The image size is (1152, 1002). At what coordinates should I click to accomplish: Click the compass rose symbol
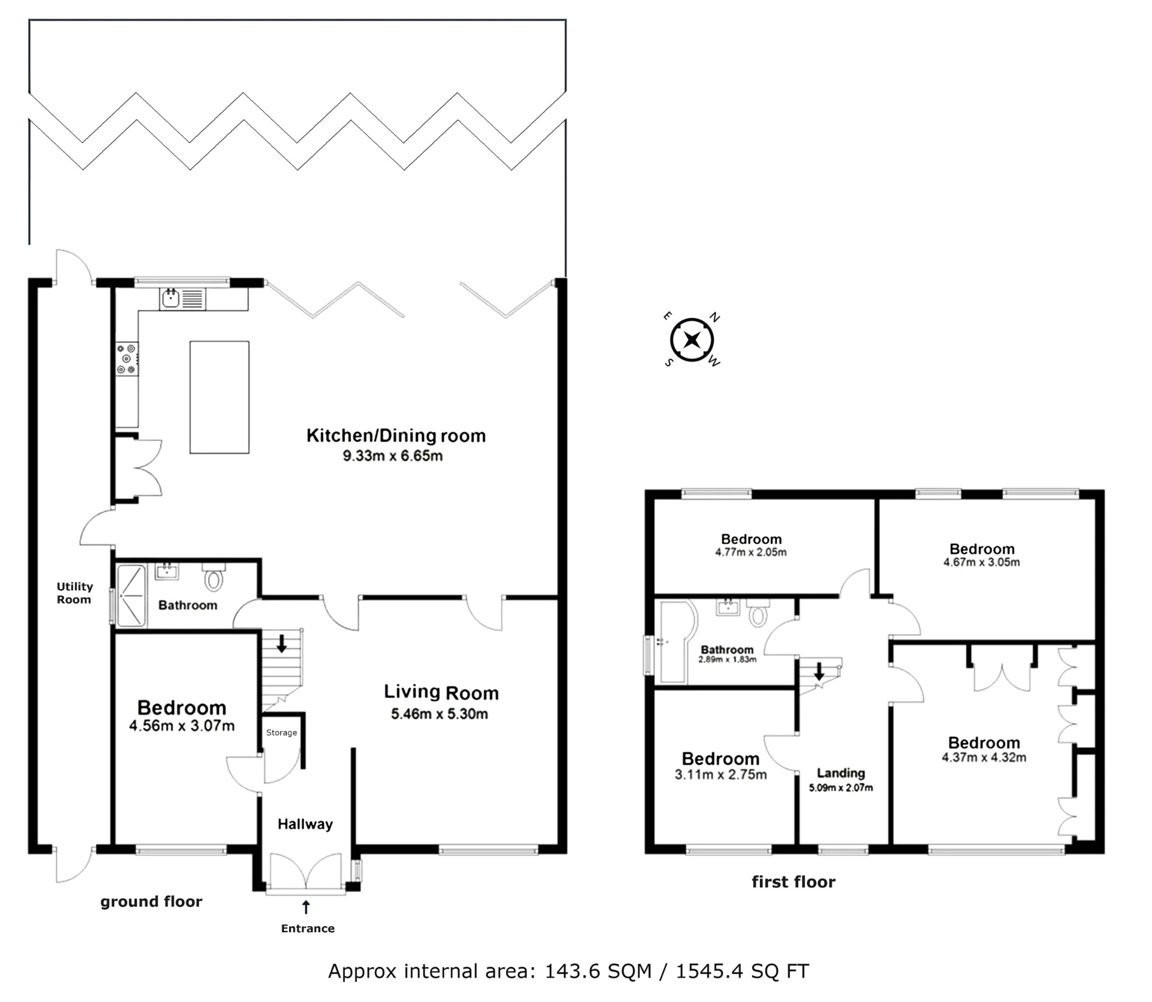(692, 340)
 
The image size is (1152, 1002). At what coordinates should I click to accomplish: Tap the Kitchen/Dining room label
(396, 436)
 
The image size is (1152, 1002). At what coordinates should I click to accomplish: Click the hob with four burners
(127, 359)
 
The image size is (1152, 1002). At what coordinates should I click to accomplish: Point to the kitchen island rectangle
(219, 397)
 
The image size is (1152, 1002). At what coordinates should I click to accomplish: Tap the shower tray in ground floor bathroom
(131, 596)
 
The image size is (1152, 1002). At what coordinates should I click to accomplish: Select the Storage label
(281, 733)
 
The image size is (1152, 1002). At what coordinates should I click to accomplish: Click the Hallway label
(305, 824)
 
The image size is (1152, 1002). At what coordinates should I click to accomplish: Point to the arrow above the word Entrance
(306, 907)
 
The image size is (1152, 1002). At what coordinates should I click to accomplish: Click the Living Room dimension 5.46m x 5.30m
(439, 714)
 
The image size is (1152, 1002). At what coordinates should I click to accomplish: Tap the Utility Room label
(74, 593)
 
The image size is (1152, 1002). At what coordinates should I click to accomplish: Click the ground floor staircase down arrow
(282, 643)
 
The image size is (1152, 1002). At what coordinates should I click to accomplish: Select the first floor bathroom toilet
(758, 612)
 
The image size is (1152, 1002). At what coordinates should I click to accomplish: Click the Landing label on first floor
(841, 773)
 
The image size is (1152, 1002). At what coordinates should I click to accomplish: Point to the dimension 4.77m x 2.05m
(751, 552)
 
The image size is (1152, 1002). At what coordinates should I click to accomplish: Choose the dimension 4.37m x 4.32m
(984, 757)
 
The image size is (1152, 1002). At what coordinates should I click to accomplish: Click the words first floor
(794, 882)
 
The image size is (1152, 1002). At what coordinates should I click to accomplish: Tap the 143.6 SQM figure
(598, 971)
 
